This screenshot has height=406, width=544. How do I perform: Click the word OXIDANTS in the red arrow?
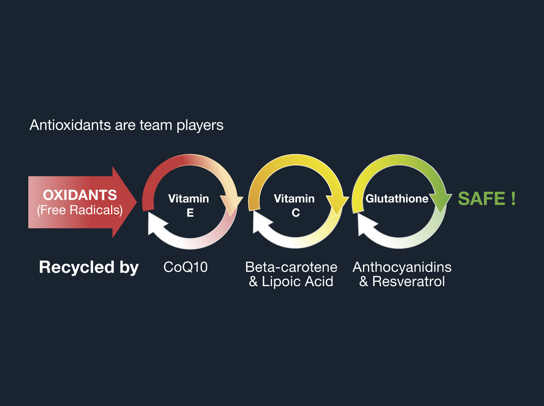pos(80,195)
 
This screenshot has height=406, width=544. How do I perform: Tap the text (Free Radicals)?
pos(80,210)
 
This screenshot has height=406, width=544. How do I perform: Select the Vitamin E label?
pos(189,205)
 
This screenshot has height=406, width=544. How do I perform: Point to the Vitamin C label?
pos(295,205)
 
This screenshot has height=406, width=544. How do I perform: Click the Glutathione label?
pos(397,199)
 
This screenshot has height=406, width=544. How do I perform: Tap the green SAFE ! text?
pos(487,199)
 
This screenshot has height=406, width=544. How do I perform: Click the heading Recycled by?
pos(89,267)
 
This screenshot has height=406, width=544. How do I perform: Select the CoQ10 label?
pos(185,267)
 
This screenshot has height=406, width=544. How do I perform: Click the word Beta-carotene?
pos(291,267)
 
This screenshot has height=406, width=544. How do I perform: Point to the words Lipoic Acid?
pos(298,281)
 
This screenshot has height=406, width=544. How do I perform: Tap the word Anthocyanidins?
pos(402,267)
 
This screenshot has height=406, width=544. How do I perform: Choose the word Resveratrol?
pos(408,281)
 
